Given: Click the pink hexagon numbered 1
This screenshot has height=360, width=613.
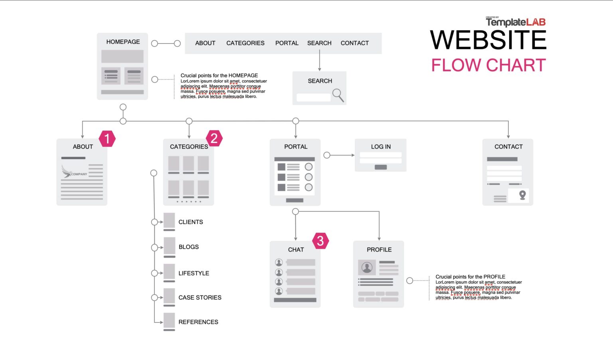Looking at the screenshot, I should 107,138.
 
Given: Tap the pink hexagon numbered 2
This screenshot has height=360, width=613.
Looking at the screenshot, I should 214,138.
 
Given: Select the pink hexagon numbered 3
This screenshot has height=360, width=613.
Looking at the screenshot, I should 320,241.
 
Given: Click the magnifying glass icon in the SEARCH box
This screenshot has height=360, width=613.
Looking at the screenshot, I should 338,95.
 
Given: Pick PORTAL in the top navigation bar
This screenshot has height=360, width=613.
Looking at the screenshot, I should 287,43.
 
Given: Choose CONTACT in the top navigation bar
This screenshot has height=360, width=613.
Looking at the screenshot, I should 354,43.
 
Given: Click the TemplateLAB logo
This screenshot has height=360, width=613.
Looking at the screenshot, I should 515,22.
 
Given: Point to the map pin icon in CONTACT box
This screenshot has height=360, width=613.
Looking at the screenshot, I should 522,195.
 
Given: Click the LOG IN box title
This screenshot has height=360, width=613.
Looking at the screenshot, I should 381,147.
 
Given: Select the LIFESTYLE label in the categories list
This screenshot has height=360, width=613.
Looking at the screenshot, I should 194,273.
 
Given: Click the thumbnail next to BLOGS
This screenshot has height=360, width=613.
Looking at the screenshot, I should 169,245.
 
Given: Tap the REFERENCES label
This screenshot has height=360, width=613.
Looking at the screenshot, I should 198,322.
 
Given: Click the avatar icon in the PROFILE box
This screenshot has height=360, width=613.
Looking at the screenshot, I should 367,267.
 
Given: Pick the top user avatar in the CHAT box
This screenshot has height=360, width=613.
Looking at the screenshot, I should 279,262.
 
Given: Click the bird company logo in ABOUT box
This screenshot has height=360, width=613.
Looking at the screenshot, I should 67,172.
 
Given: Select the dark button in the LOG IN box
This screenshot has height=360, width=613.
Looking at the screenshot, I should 381,167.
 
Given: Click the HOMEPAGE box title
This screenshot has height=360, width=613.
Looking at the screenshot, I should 123,42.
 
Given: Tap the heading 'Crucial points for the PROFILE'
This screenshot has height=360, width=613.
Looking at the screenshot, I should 470,277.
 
